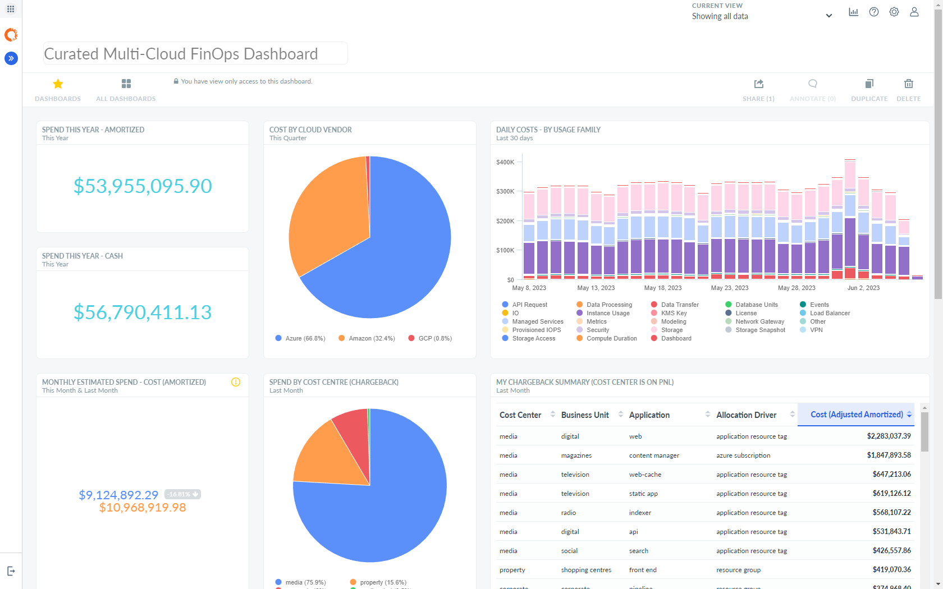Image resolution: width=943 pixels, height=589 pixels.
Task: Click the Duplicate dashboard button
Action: (x=869, y=90)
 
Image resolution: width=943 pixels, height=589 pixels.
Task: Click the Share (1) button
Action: (x=758, y=90)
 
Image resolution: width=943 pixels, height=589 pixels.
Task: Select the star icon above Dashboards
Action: (x=58, y=84)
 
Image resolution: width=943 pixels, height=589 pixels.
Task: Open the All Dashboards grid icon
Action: (x=126, y=84)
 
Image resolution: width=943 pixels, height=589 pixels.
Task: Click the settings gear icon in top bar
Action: (x=894, y=12)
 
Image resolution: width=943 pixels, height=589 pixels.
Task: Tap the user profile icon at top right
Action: (x=914, y=12)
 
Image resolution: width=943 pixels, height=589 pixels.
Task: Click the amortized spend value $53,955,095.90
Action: (x=143, y=186)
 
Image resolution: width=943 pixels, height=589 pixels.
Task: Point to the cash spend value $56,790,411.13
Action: (x=143, y=312)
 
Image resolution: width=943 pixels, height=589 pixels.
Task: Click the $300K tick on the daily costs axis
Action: (x=505, y=191)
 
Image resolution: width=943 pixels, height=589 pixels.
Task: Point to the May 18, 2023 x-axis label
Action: (x=663, y=288)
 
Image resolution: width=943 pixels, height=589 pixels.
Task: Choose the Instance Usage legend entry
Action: (x=608, y=313)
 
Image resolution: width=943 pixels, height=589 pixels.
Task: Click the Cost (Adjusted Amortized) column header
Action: (x=856, y=415)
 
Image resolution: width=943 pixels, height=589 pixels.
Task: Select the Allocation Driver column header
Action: (x=746, y=415)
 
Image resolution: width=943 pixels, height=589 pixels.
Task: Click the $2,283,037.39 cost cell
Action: (x=889, y=436)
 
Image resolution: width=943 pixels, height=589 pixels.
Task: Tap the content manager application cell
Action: (x=654, y=455)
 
